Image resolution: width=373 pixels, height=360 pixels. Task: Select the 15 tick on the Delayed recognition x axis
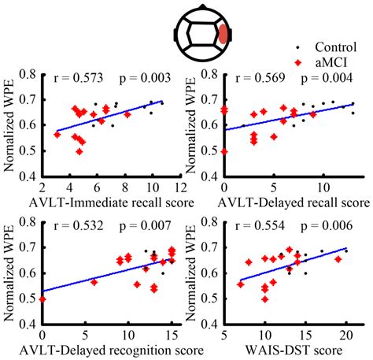[x=172, y=333]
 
